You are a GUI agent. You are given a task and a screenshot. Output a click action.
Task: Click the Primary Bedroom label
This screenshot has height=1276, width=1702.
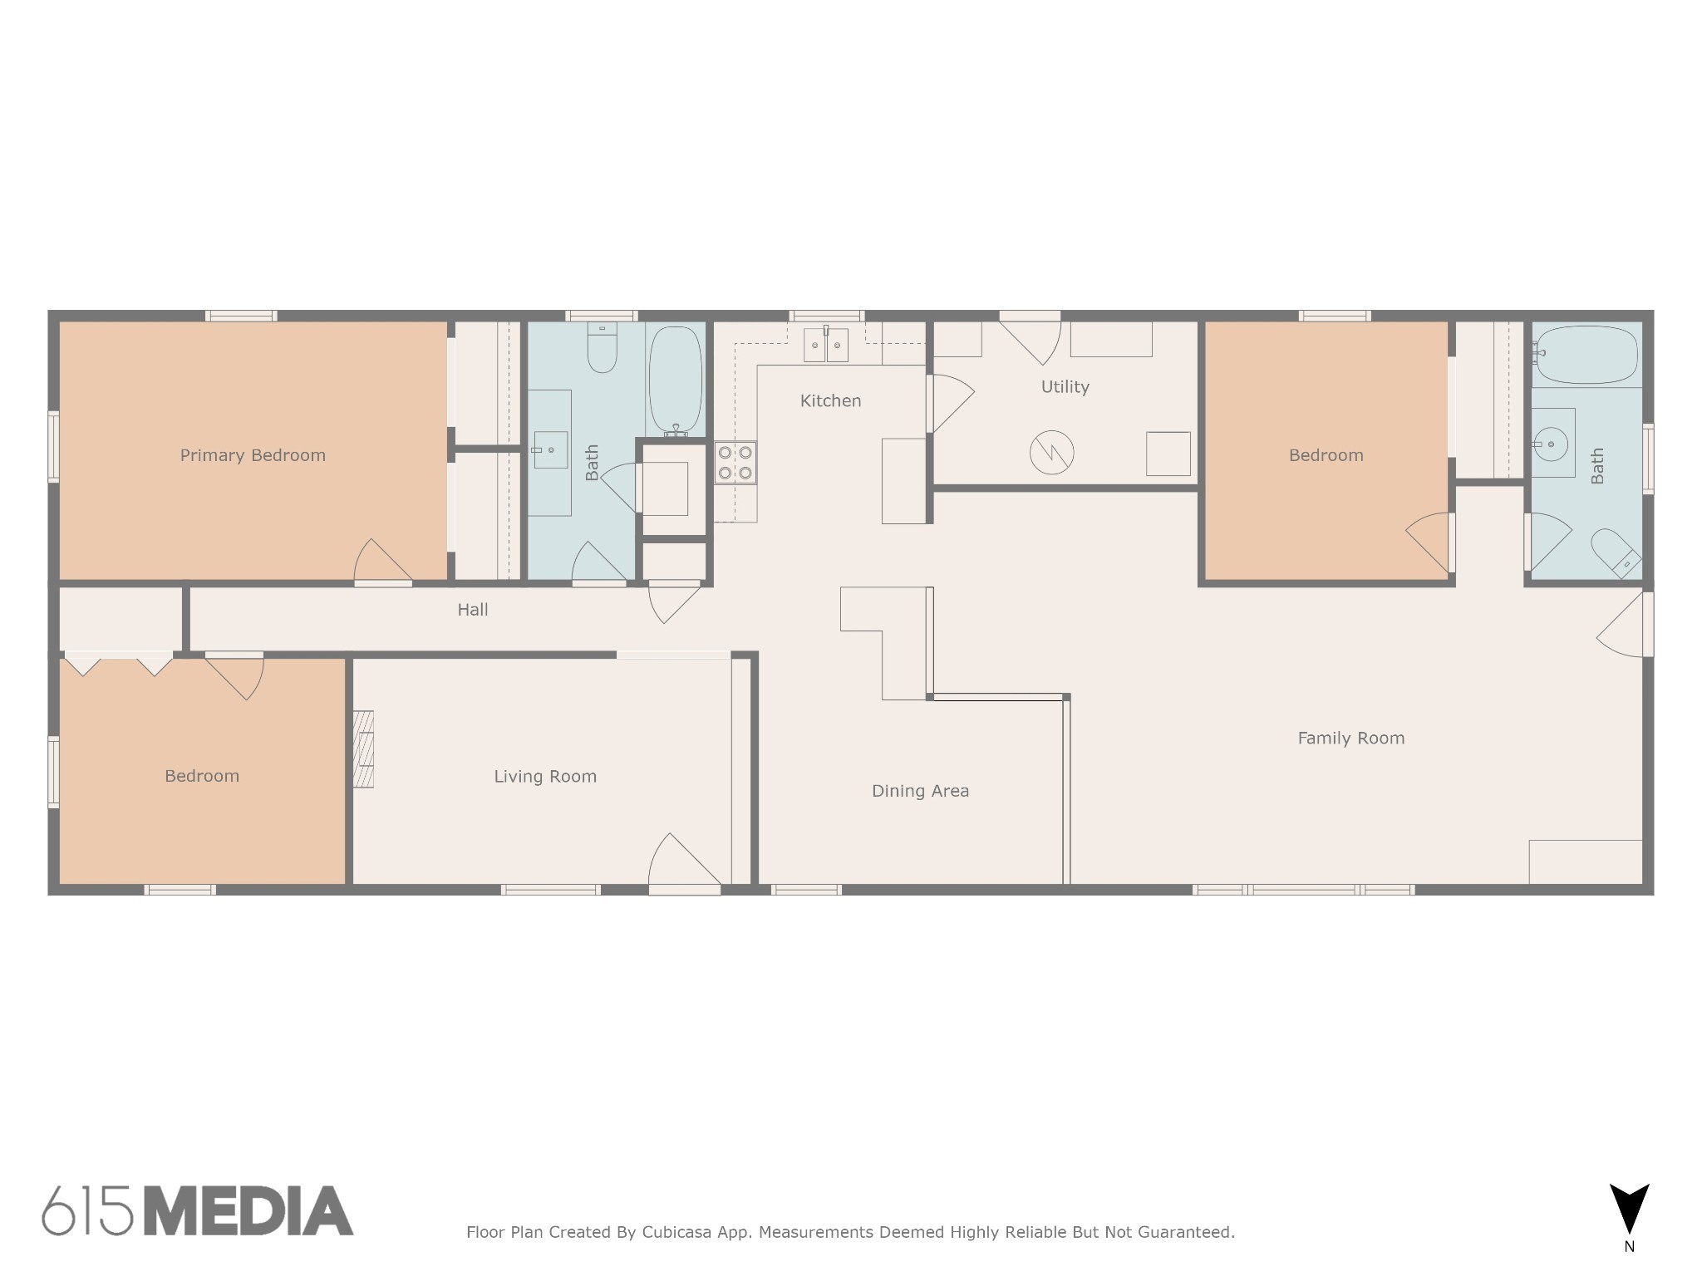click(253, 455)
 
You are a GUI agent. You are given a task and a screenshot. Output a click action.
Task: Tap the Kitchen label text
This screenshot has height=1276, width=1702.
click(830, 400)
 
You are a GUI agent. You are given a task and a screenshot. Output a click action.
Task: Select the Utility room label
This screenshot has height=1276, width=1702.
click(1065, 386)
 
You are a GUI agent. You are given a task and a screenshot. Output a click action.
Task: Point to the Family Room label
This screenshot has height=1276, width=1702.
click(1350, 738)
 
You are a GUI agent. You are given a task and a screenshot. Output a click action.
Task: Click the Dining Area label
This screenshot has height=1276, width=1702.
click(920, 791)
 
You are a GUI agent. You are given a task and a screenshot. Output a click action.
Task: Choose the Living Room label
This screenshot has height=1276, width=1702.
click(545, 776)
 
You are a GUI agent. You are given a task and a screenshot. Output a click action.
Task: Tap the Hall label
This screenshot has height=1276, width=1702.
click(473, 610)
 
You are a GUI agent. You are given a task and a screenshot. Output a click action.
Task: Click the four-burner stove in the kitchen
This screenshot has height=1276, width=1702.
click(735, 463)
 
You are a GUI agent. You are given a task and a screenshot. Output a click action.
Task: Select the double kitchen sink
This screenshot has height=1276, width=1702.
click(825, 345)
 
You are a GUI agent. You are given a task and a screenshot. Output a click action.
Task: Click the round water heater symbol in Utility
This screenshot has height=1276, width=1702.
click(1051, 453)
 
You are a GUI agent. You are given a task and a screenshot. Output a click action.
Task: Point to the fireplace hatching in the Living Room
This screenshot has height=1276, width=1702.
click(363, 748)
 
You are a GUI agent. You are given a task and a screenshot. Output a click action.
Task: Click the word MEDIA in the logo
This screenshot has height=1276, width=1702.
click(249, 1211)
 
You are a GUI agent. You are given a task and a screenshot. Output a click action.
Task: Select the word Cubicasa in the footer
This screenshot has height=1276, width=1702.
click(676, 1232)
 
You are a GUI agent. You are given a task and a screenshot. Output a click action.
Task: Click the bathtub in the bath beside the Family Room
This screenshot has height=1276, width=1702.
click(1586, 355)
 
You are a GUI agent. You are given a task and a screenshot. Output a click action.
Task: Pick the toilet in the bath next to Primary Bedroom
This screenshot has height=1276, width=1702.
click(602, 349)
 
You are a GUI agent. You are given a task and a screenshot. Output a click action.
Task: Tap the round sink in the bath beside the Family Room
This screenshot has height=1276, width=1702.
click(1551, 444)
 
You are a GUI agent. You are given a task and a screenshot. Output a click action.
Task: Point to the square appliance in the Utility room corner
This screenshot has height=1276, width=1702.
click(1168, 454)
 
